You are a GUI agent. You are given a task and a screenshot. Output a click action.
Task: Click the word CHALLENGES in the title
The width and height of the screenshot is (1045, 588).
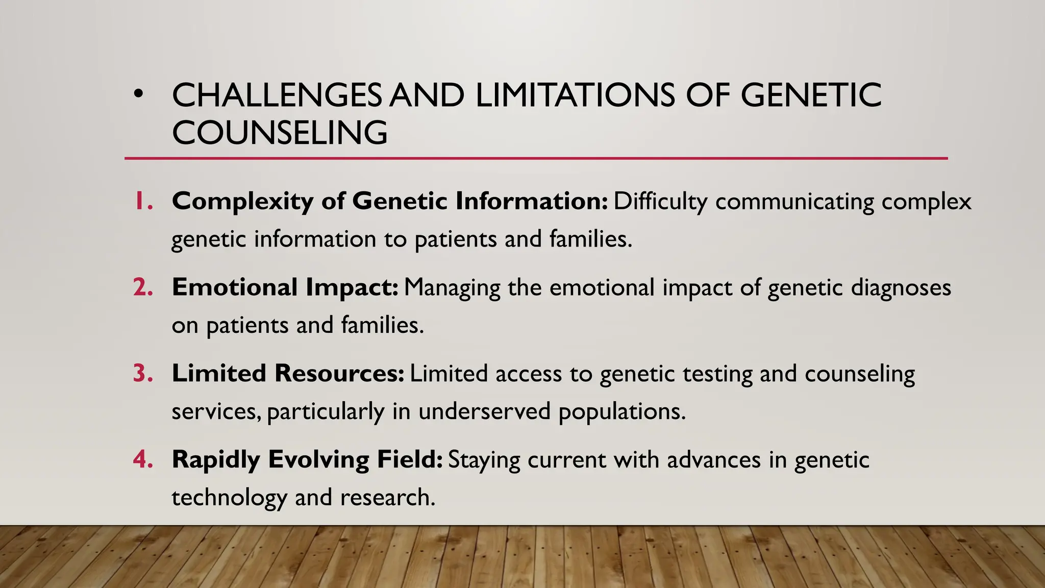click(277, 95)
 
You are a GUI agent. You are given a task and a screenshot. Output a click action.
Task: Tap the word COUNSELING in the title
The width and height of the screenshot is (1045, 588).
click(280, 133)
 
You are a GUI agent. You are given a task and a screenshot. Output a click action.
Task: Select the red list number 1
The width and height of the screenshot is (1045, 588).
click(143, 201)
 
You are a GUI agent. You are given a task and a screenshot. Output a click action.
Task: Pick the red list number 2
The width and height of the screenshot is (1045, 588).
click(143, 287)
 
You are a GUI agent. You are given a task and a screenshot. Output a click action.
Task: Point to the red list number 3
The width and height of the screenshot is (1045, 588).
click(143, 373)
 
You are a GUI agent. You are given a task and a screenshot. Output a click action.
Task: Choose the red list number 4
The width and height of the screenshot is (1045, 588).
click(143, 459)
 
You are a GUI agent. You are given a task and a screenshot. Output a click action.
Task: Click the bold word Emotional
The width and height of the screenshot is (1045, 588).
click(235, 287)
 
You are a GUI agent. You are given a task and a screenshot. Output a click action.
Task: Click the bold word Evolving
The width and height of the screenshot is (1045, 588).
click(318, 460)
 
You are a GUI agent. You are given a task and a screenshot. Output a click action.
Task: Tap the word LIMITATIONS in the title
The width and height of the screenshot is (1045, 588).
click(575, 95)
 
